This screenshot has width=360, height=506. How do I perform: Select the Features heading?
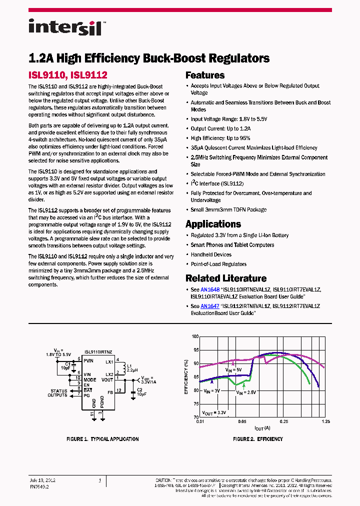(x=205, y=75)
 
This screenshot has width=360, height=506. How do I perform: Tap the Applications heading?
(x=213, y=224)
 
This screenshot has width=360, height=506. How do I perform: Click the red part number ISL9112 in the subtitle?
(x=89, y=75)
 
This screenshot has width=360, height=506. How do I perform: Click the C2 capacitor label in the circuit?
(x=140, y=389)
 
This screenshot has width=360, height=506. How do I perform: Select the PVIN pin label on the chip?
(x=88, y=360)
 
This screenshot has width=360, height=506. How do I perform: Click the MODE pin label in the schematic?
(x=90, y=379)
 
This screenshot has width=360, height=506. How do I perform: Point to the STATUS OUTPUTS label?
(x=58, y=393)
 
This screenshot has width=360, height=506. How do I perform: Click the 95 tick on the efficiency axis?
(x=195, y=350)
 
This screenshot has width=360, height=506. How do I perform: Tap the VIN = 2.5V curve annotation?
(x=246, y=392)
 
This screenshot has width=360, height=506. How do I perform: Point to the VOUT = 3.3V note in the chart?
(x=214, y=412)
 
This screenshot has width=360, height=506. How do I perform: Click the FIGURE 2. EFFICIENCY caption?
(x=258, y=439)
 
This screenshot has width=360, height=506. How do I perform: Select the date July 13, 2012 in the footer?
(x=42, y=480)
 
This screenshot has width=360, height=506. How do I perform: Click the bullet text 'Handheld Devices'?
(x=211, y=254)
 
